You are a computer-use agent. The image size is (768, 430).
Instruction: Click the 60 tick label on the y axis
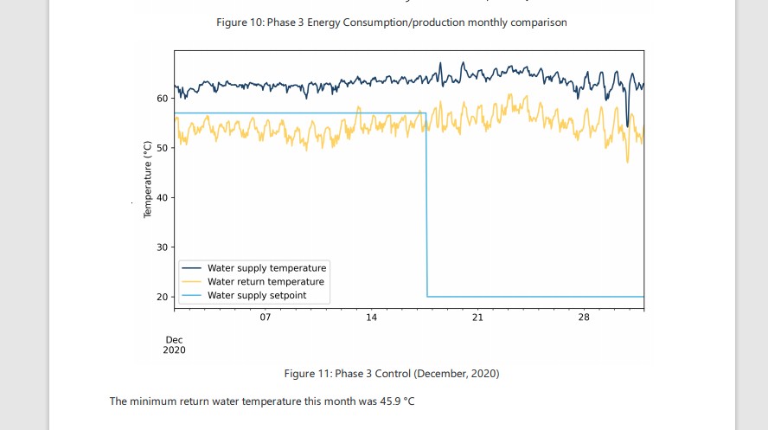(x=162, y=99)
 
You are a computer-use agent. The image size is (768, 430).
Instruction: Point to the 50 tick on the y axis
(x=162, y=148)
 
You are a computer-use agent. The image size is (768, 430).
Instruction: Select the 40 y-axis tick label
(x=162, y=198)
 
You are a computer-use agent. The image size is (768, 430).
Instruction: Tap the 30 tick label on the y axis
(x=162, y=247)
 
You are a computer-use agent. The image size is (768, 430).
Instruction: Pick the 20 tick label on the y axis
(x=162, y=298)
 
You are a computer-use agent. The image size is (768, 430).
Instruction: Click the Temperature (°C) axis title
(x=148, y=178)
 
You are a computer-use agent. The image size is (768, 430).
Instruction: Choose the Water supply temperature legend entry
(x=266, y=268)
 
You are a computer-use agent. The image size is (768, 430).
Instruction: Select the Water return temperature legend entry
(x=266, y=282)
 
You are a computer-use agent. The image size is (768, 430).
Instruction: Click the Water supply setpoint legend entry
(x=256, y=296)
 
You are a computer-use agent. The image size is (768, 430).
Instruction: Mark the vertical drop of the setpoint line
(x=426, y=208)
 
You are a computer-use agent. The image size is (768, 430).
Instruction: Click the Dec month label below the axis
(x=174, y=340)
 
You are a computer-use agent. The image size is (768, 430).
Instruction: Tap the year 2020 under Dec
(x=175, y=350)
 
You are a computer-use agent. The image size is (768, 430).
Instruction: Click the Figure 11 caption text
(x=391, y=374)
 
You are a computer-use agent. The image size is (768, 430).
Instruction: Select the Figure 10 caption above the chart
(x=391, y=22)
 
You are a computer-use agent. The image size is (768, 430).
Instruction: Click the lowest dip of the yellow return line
(x=628, y=161)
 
